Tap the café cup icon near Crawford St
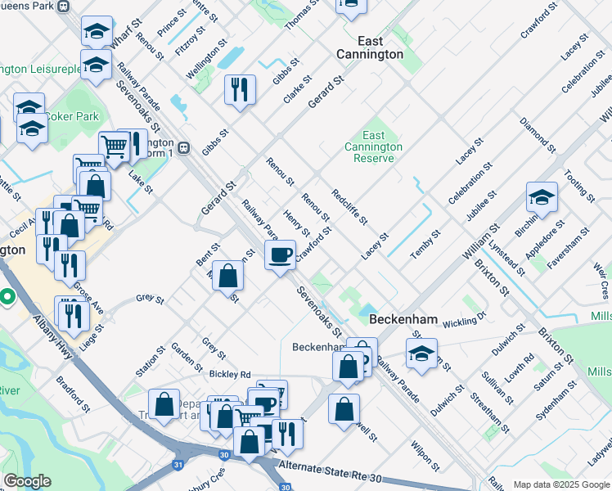[x=281, y=256]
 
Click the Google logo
[x=27, y=481]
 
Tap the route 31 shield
[x=179, y=465]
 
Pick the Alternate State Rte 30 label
[x=331, y=469]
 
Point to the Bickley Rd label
[x=229, y=374]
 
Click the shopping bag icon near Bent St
[x=228, y=276]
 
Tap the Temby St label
[x=425, y=245]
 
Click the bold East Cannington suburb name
[x=370, y=47]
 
